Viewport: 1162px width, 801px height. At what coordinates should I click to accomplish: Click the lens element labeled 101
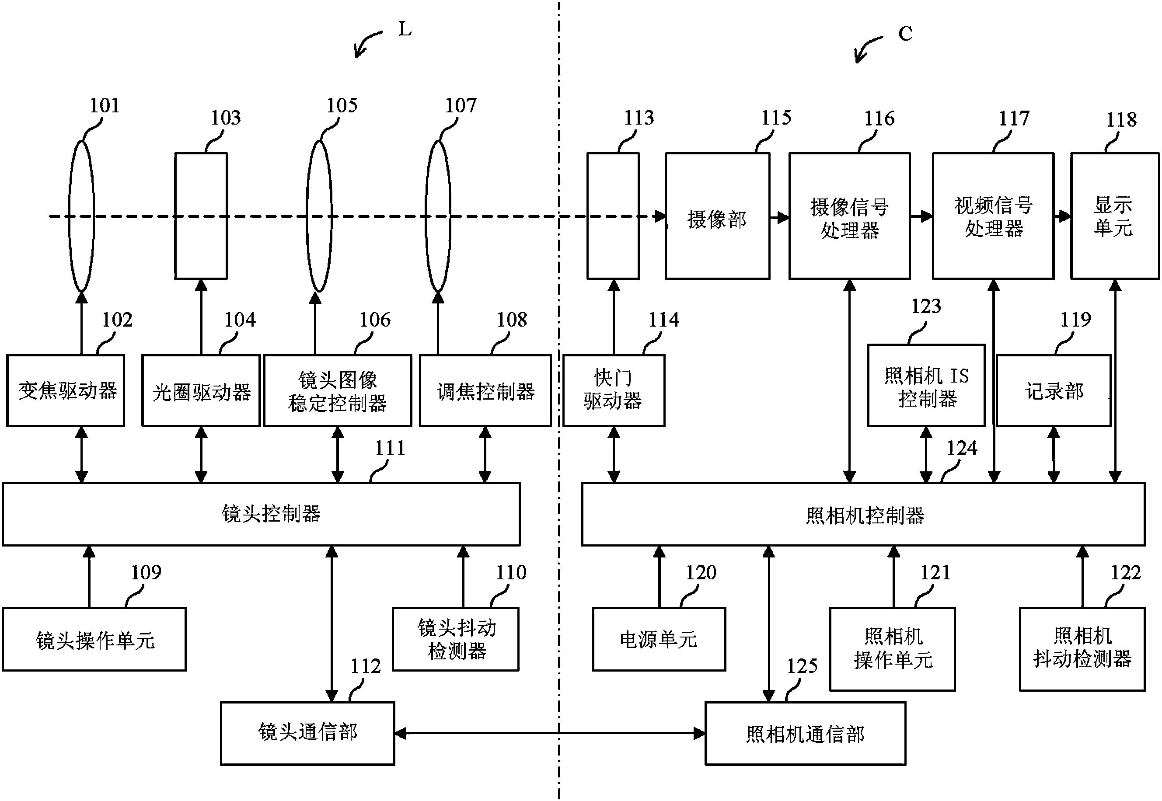coord(81,216)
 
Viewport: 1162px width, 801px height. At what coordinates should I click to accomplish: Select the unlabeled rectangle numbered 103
coord(201,216)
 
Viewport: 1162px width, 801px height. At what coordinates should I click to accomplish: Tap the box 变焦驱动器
coord(66,390)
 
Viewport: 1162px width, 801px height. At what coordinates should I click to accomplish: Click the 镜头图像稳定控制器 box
coord(337,390)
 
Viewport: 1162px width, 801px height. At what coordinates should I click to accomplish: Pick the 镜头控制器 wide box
coord(261,514)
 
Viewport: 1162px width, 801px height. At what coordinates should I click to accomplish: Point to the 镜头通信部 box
coord(307,733)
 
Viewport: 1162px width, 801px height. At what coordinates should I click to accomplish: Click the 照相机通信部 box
coord(805,733)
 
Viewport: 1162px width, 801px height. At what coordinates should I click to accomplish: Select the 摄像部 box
coord(717,216)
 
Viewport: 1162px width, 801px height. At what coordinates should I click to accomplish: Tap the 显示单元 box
coord(1114,216)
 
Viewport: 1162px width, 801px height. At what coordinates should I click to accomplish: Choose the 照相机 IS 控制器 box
coord(926,386)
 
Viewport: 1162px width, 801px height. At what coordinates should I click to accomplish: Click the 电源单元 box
coord(659,639)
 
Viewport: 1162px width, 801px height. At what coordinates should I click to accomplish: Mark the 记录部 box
coord(1053,390)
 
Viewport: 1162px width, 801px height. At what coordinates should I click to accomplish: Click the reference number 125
coord(802,666)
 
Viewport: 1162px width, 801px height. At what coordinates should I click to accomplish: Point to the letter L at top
coord(405,30)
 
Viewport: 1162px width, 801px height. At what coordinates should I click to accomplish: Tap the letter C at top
coord(905,34)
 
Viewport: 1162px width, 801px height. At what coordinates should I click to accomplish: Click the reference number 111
coord(390,448)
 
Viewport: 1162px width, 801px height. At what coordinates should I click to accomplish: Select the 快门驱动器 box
coord(614,390)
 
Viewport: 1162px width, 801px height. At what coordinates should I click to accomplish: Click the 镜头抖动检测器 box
coord(456,639)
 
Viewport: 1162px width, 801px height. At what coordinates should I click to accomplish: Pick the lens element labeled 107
coord(438,216)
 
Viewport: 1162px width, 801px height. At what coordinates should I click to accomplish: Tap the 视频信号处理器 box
coord(993,216)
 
